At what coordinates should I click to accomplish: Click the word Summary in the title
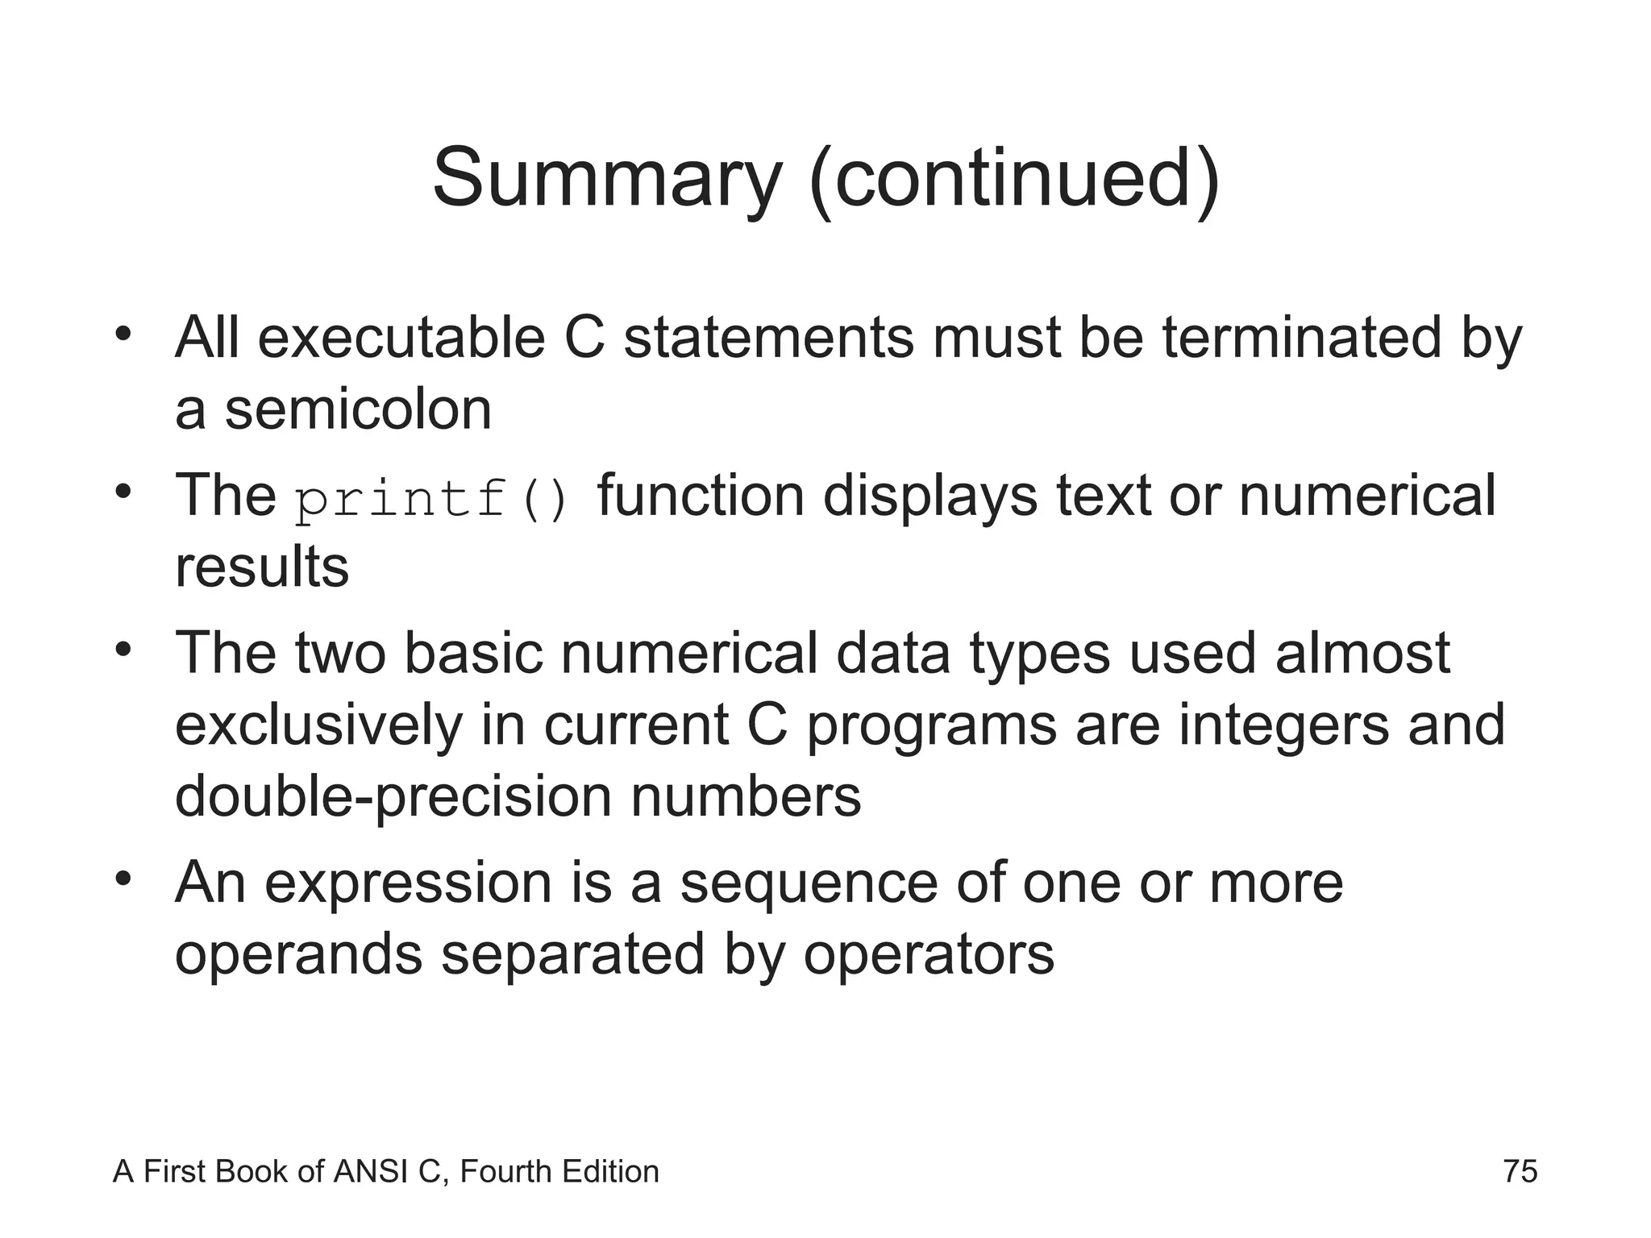coord(606,179)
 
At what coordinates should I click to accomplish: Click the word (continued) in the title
coord(1015,179)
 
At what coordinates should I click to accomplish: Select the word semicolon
coord(358,409)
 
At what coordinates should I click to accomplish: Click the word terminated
coord(1300,339)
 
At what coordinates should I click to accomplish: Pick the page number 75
coord(1520,1171)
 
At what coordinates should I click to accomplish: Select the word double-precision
coord(393,797)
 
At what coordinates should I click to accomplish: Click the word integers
coord(1283,725)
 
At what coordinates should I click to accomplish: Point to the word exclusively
coord(318,725)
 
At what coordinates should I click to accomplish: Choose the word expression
coord(408,883)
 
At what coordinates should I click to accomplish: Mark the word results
coord(262,567)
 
